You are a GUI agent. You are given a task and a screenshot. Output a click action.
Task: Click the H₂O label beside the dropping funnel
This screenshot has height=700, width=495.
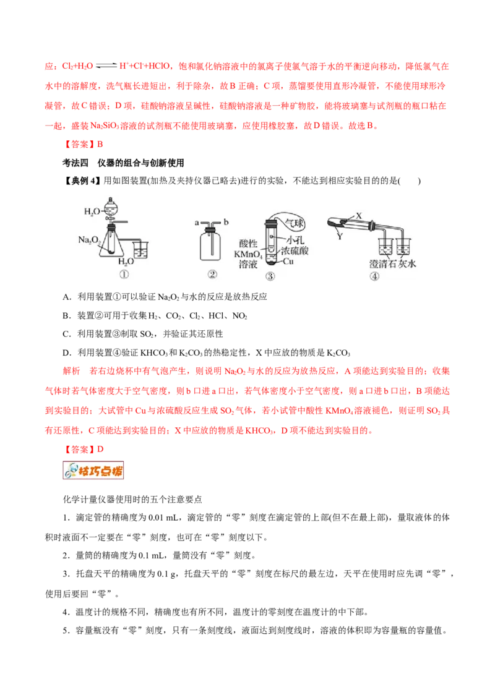(x=92, y=211)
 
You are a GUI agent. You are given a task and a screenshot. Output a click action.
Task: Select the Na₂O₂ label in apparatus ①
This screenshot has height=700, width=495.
(x=89, y=239)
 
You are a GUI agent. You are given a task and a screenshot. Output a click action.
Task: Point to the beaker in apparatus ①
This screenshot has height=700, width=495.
(x=140, y=249)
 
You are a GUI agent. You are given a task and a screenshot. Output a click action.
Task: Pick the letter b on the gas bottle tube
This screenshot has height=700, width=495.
(x=226, y=221)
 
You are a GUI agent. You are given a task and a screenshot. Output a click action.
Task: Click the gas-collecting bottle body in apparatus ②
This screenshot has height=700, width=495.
(x=212, y=250)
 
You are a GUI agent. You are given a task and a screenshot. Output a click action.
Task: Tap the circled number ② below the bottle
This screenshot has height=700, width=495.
(x=212, y=276)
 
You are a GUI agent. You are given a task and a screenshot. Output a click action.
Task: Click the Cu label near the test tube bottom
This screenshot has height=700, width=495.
(x=288, y=262)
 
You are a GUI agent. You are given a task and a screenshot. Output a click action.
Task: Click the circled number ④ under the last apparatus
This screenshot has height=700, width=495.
(x=374, y=276)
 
